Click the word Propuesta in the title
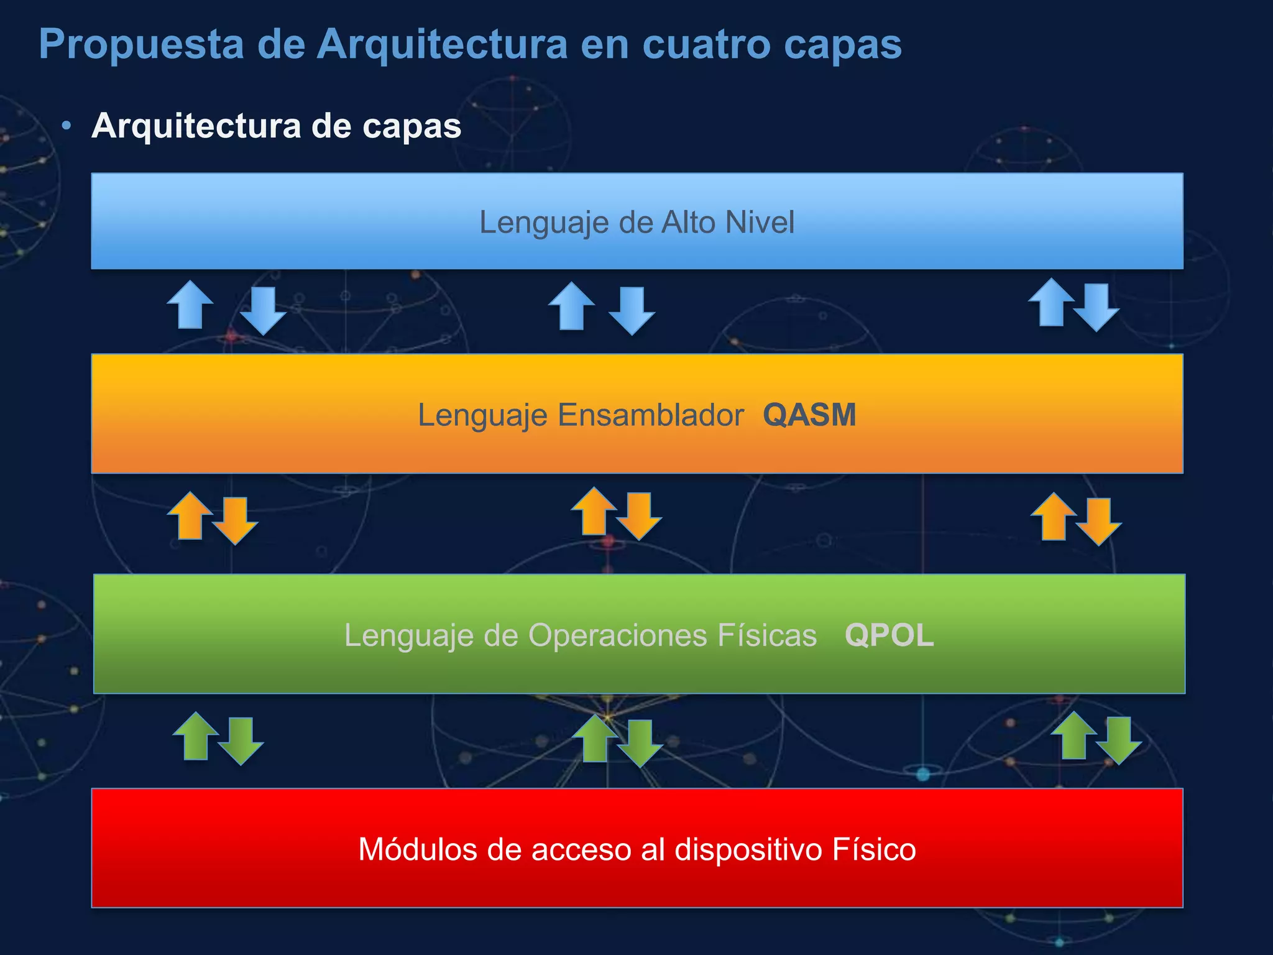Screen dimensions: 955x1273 pos(141,45)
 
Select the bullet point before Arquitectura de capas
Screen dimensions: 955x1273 pos(67,126)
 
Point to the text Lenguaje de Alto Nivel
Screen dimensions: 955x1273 pos(636,222)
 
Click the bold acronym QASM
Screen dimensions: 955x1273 pos(809,415)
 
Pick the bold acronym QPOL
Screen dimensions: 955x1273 pos(889,635)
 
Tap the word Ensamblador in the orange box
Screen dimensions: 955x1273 pos(650,415)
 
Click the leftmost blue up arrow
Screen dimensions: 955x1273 pos(190,305)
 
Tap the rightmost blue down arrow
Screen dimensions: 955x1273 pos(1096,308)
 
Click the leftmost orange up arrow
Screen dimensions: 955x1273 pos(190,515)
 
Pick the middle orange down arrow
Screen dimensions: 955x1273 pos(638,517)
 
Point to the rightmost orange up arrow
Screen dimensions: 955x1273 pos(1054,517)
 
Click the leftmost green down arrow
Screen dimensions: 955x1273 pos(241,741)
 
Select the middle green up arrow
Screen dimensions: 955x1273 pos(595,738)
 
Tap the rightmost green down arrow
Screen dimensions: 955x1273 pos(1118,740)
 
